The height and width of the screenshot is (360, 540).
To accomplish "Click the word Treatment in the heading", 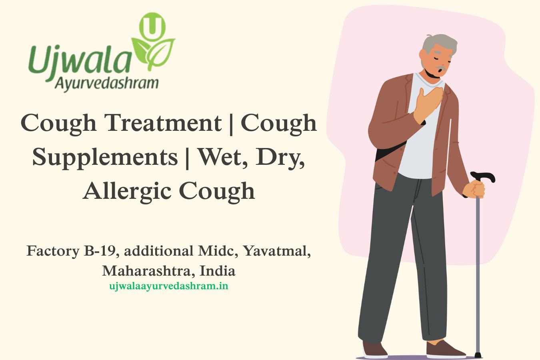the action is (164, 123).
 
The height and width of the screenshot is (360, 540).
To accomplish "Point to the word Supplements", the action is (105, 158).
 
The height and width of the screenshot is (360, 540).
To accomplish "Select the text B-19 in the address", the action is (102, 251).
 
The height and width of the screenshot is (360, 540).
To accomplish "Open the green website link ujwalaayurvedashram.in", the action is (169, 286).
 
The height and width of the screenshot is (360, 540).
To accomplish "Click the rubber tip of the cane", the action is (478, 355).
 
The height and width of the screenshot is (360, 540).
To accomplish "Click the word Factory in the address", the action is (53, 251).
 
